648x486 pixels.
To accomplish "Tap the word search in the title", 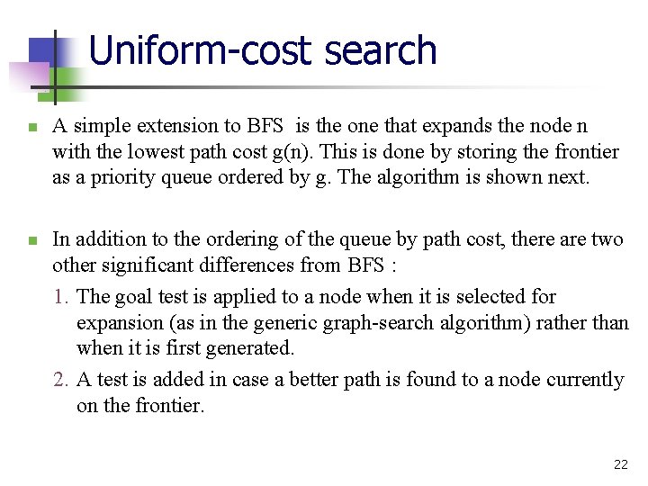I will pos(381,51).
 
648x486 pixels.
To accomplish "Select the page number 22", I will pos(621,464).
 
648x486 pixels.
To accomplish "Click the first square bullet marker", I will pos(31,128).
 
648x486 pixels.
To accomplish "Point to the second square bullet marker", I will pos(31,241).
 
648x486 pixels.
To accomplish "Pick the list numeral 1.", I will pos(60,297).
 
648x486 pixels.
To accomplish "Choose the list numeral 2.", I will pos(60,380).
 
